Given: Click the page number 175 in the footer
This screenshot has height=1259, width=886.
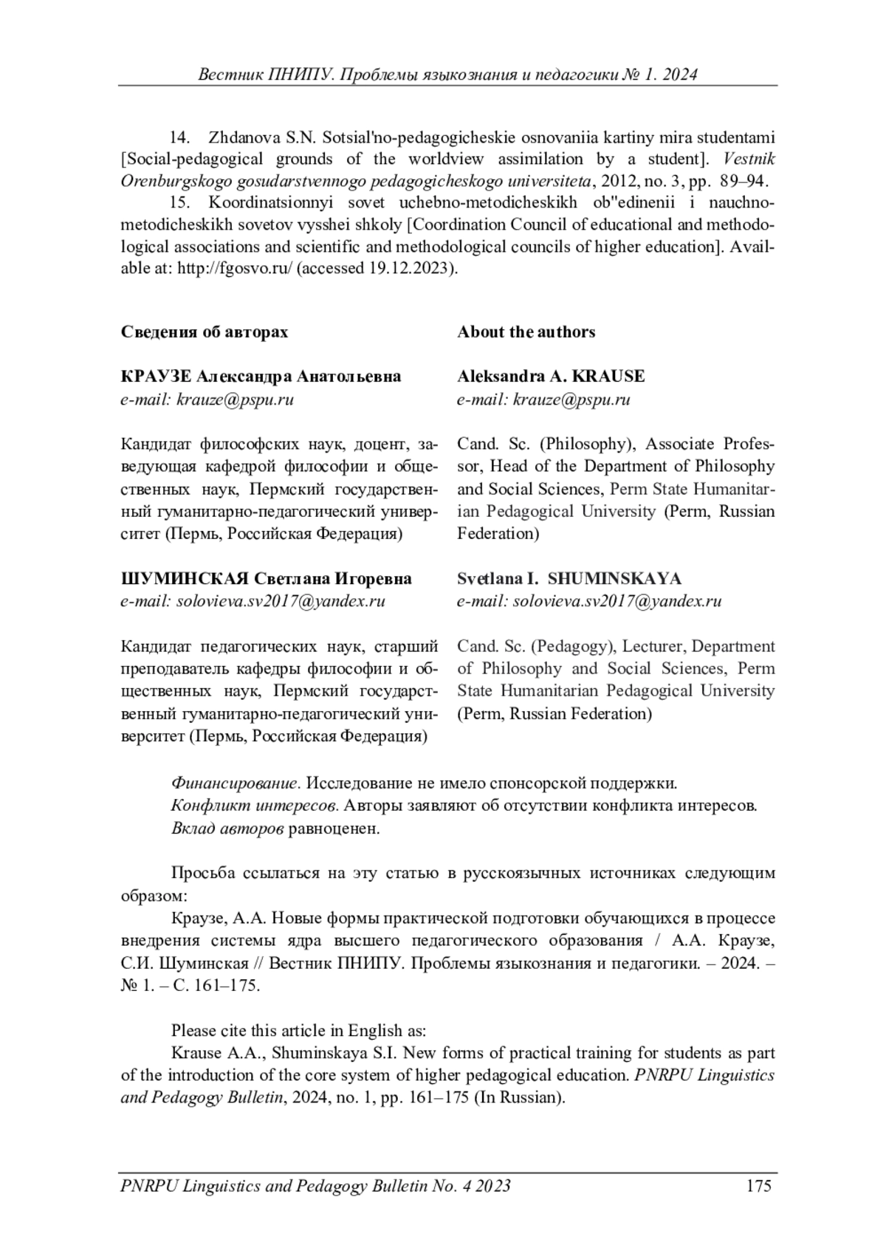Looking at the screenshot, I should click(x=758, y=1186).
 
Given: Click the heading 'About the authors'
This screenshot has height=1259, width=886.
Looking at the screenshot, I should click(x=526, y=332).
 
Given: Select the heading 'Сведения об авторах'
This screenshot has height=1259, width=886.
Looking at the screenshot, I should click(x=205, y=332).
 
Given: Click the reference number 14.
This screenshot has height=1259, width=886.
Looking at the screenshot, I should click(x=181, y=137).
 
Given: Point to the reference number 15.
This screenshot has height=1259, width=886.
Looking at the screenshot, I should click(x=181, y=202).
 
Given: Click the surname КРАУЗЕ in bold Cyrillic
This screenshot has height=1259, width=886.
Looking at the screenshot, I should click(x=157, y=377).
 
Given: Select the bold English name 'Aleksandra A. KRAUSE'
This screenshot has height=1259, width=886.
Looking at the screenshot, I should click(x=551, y=377).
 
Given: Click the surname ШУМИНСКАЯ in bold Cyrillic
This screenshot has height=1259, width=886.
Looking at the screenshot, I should click(x=183, y=578).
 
